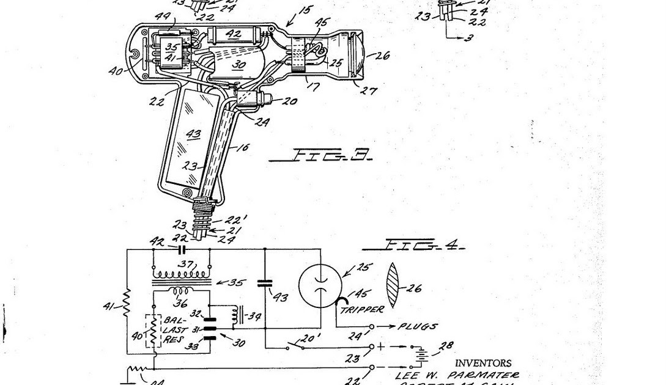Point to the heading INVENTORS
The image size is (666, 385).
483,363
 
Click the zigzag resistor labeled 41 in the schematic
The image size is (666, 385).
127,301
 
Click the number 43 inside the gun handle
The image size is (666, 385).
193,134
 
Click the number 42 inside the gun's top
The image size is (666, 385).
233,35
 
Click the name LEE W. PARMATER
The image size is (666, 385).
457,375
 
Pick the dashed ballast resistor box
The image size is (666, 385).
153,331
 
